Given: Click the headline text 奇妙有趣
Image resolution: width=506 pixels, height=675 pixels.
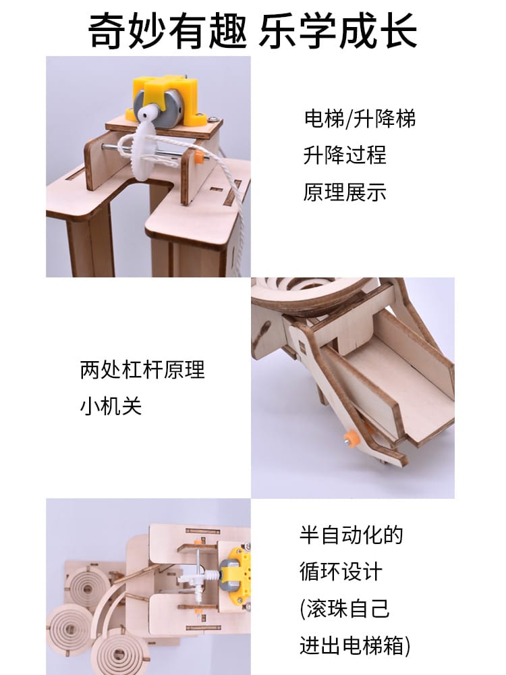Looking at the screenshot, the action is [168, 30].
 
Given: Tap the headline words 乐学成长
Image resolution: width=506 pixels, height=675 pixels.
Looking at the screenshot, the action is [338, 30].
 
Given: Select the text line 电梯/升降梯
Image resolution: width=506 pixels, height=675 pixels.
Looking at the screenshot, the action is [360, 119].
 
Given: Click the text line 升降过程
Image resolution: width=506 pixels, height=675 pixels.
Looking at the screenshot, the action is [345, 155].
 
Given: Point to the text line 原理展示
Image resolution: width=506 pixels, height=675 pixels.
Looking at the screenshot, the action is [345, 192].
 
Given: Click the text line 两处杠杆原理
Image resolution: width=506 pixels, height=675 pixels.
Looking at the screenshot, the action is [142, 369].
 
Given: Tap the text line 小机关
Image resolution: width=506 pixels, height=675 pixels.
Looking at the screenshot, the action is [111, 406].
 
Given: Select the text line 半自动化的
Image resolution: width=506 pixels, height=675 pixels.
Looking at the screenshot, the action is [352, 535].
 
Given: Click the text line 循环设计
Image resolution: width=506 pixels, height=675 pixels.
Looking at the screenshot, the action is [341, 572].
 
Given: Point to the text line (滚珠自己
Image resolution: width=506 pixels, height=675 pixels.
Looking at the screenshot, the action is [345, 609].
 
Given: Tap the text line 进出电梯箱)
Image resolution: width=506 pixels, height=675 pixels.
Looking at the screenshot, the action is [355, 646].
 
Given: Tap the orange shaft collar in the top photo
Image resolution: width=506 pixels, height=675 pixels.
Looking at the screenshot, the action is [198, 156].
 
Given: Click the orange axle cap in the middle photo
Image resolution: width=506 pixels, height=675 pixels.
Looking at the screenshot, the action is [351, 438].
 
